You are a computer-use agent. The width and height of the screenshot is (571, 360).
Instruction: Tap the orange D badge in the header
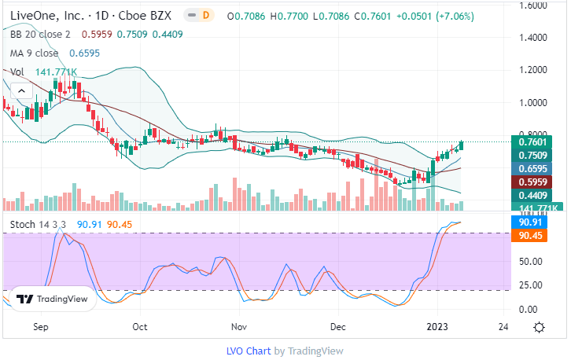click(x=207, y=15)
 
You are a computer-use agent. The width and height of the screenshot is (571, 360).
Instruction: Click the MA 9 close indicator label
click(x=34, y=53)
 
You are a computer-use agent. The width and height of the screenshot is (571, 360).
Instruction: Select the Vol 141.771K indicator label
click(x=43, y=72)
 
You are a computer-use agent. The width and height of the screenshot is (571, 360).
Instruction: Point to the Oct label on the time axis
click(x=140, y=325)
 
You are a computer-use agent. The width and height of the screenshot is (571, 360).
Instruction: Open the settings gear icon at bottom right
click(x=539, y=326)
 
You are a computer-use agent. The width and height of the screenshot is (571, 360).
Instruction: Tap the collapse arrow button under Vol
click(x=20, y=91)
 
